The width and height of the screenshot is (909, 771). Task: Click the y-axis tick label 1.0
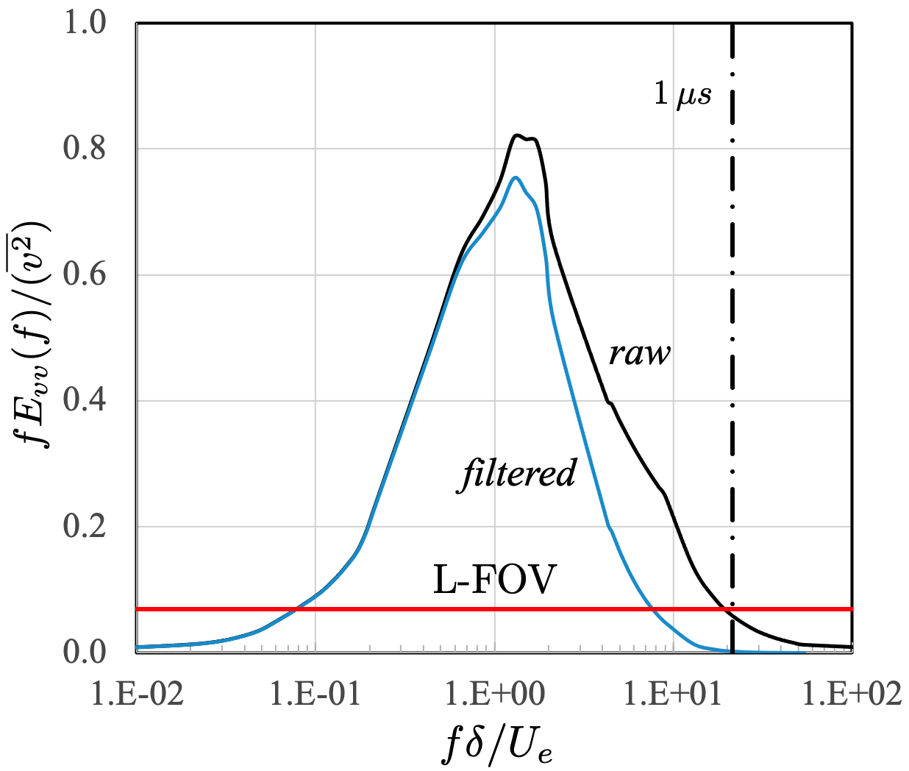[x=85, y=23]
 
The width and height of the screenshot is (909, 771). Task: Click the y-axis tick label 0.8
[x=85, y=149]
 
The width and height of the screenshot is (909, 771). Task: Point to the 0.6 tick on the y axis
[x=85, y=275]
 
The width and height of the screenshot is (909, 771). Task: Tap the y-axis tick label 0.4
[x=85, y=401]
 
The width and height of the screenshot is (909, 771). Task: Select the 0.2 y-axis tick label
[x=85, y=527]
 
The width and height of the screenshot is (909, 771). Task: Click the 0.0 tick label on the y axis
[x=85, y=653]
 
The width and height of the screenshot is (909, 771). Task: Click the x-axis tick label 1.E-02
[x=138, y=693]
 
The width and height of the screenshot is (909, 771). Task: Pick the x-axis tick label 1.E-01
[x=316, y=693]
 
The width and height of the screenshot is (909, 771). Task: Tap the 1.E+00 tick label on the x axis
[x=494, y=693]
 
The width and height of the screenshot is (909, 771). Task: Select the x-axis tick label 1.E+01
[x=673, y=693]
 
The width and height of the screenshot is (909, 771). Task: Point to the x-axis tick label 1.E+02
[x=852, y=693]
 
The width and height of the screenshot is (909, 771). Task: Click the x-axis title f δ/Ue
[x=497, y=745]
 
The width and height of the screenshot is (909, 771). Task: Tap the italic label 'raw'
[x=639, y=354]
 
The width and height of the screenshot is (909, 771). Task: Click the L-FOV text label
[x=494, y=580]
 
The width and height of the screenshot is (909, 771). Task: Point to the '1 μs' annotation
[x=683, y=93]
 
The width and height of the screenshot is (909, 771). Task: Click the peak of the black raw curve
[x=518, y=135]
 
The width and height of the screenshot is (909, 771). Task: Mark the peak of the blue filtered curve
[x=516, y=177]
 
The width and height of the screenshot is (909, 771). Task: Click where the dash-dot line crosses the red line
[x=732, y=609]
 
